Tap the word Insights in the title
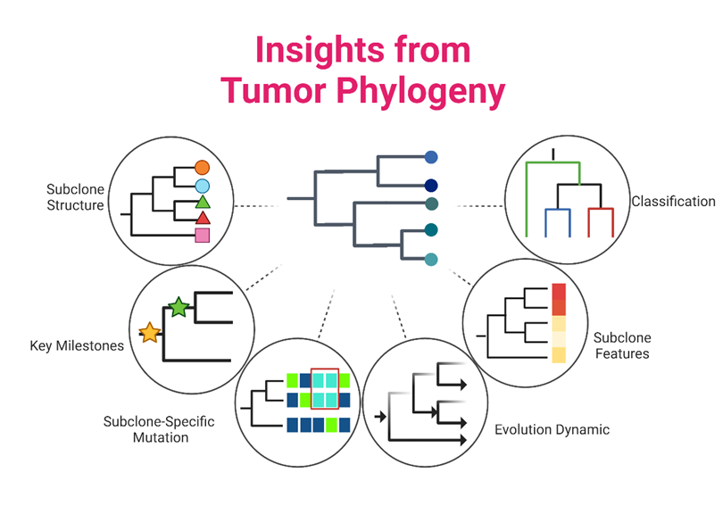(x=318, y=51)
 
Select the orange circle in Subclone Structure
(x=202, y=168)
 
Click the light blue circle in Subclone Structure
(x=202, y=187)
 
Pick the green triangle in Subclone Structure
(x=203, y=203)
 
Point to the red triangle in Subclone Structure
(x=203, y=218)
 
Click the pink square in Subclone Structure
(x=203, y=236)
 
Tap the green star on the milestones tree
(x=179, y=307)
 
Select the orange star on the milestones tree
(x=150, y=333)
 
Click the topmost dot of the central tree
(x=431, y=157)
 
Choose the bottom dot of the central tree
(x=431, y=260)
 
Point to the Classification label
(x=673, y=202)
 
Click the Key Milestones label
(x=77, y=345)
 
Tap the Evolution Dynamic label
(x=552, y=429)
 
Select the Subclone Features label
(x=622, y=345)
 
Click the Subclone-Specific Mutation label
(x=159, y=429)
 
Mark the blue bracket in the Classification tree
(x=558, y=210)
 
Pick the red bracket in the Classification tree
(x=601, y=210)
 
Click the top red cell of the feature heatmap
(x=559, y=292)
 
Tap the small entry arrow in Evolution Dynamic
(x=380, y=417)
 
